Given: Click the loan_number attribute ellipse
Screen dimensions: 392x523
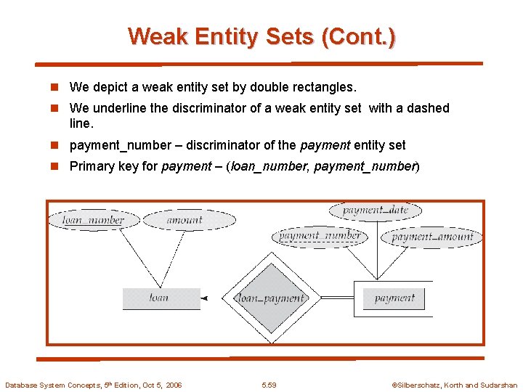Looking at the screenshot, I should click(x=93, y=220).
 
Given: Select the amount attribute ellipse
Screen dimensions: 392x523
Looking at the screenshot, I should click(x=184, y=220).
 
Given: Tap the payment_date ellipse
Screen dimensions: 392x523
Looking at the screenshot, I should click(x=376, y=211).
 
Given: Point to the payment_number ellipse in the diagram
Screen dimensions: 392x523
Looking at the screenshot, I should click(x=320, y=236).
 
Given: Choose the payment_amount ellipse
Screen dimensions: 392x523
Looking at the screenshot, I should click(x=432, y=237).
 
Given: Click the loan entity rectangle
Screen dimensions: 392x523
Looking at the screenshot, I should click(x=161, y=298).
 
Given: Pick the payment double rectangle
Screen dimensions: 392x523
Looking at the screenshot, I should click(x=394, y=298).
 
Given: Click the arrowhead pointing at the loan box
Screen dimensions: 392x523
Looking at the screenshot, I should click(x=204, y=298).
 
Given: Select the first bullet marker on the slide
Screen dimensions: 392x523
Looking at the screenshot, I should click(x=54, y=87).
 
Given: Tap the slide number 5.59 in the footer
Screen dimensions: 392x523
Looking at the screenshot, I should click(x=269, y=385).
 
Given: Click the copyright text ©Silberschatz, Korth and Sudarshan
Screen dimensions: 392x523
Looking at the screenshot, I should click(x=454, y=385).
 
